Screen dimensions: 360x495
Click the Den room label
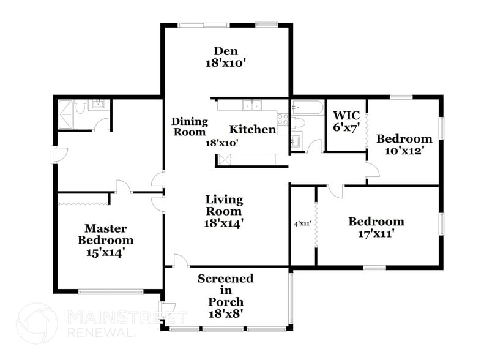[225, 51]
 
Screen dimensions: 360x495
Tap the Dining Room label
[189, 127]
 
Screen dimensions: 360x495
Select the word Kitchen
[252, 130]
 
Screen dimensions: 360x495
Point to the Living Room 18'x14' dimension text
[224, 223]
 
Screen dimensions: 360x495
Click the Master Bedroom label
[105, 234]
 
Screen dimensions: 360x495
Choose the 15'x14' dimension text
[105, 252]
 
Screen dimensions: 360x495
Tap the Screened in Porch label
[225, 290]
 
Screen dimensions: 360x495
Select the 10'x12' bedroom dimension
[404, 150]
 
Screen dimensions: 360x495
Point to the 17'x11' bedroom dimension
[376, 233]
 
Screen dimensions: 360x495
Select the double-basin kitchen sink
[251, 105]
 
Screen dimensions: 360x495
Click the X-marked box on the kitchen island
[225, 160]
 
